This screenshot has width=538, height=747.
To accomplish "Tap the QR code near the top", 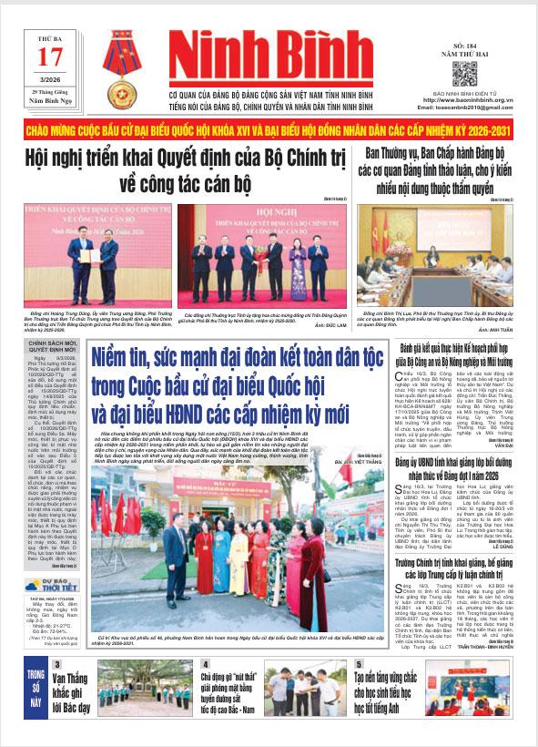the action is [x=464, y=73].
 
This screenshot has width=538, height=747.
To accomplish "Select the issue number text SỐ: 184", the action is [x=464, y=44].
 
